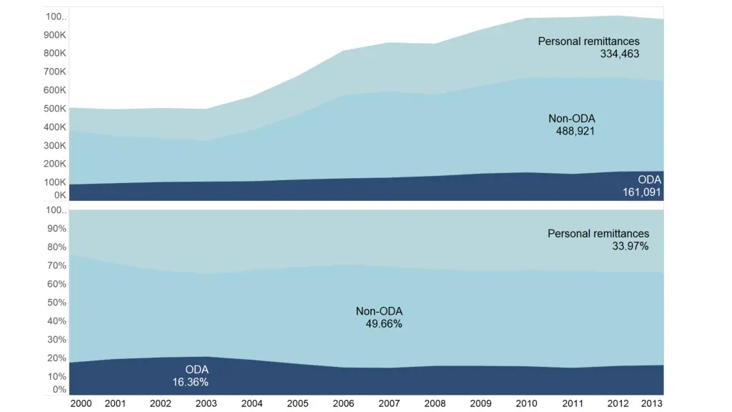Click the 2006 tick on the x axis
click(x=343, y=403)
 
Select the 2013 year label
click(x=651, y=403)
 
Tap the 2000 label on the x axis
click(x=81, y=403)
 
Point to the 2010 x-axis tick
click(x=527, y=403)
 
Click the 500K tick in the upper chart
click(x=56, y=109)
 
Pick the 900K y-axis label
click(x=56, y=35)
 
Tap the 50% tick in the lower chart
click(x=56, y=302)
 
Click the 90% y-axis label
click(x=56, y=229)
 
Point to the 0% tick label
click(x=59, y=390)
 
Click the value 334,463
click(x=619, y=54)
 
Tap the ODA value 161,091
click(x=642, y=192)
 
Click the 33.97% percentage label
click(x=630, y=246)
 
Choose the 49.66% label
click(x=383, y=324)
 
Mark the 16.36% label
click(x=190, y=383)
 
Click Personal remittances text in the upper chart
click(x=588, y=41)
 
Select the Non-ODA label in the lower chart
click(x=379, y=311)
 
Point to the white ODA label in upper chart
click(x=650, y=180)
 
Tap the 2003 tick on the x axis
click(x=207, y=403)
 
